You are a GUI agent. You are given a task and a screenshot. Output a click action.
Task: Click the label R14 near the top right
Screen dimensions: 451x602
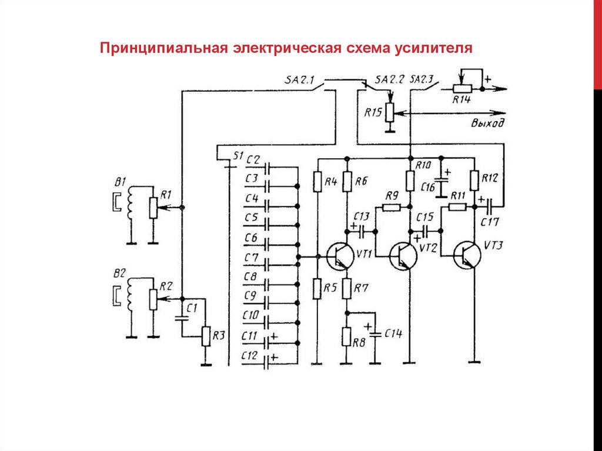click(461, 101)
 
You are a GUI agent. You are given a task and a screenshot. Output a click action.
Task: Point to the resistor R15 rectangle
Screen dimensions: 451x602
click(389, 113)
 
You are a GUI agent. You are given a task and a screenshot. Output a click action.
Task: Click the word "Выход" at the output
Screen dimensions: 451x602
click(487, 123)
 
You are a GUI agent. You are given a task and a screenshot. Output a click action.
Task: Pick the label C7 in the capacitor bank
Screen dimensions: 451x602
click(251, 258)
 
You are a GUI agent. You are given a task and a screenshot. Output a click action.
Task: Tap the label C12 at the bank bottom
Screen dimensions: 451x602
click(250, 355)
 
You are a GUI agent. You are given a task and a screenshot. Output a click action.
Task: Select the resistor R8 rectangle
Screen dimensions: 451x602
click(346, 338)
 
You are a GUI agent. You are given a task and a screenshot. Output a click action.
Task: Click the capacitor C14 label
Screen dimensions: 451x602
click(393, 333)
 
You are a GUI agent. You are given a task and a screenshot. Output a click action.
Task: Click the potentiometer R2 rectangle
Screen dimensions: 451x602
click(153, 299)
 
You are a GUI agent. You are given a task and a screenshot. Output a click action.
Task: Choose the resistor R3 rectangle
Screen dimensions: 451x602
click(206, 336)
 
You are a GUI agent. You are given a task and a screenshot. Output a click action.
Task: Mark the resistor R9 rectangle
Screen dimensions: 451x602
click(391, 207)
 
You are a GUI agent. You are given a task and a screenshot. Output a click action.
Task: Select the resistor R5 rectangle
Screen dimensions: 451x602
click(317, 288)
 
